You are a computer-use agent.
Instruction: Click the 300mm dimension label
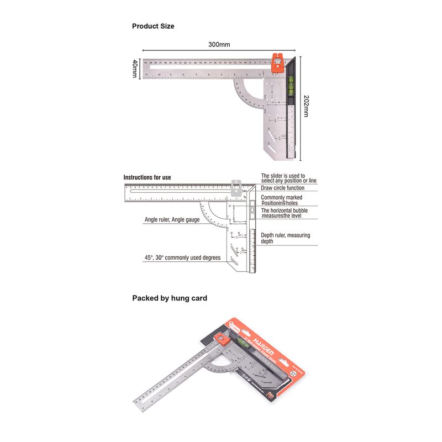pyautogui.click(x=219, y=44)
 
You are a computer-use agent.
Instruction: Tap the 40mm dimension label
pyautogui.click(x=134, y=69)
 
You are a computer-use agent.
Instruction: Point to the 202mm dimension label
pyautogui.click(x=307, y=105)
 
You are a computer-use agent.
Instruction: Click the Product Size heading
pyautogui.click(x=153, y=26)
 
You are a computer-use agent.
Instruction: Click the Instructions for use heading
pyautogui.click(x=147, y=177)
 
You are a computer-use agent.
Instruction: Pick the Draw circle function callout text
pyautogui.click(x=282, y=188)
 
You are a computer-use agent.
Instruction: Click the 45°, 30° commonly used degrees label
pyautogui.click(x=182, y=257)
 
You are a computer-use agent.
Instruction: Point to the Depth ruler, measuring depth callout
pyautogui.click(x=285, y=238)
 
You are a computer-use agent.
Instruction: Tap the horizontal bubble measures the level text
pyautogui.click(x=285, y=214)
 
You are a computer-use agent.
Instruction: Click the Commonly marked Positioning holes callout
pyautogui.click(x=281, y=200)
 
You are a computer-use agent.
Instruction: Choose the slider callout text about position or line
pyautogui.click(x=288, y=178)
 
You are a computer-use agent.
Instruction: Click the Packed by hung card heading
pyautogui.click(x=170, y=298)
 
